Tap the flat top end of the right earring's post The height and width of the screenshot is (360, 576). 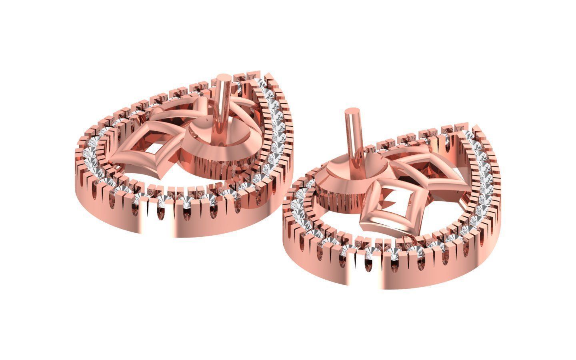pyautogui.click(x=351, y=111)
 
